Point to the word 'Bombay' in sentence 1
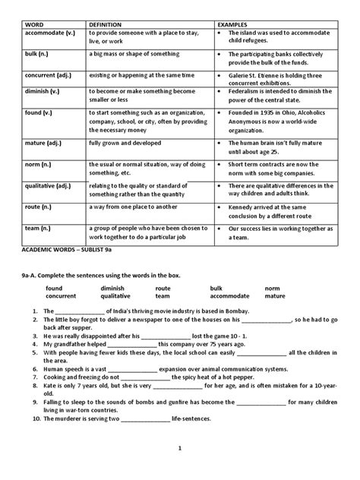click(240, 312)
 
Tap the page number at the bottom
click(179, 469)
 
